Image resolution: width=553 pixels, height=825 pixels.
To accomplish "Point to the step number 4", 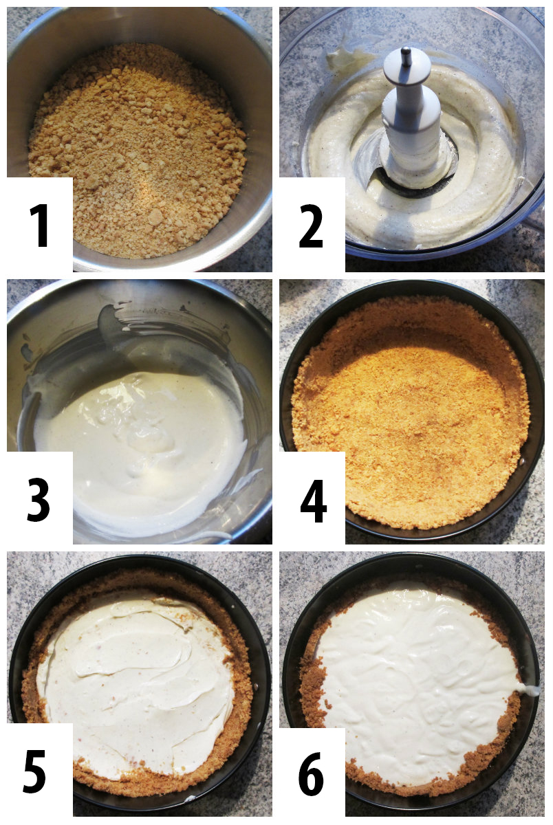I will click(313, 500).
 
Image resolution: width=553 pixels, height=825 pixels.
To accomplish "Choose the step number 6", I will click(311, 773).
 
